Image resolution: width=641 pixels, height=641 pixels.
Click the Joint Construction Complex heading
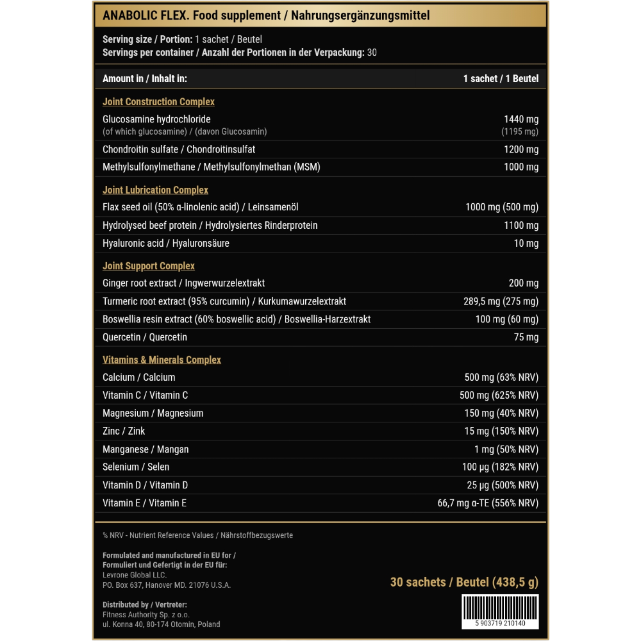tap(158, 102)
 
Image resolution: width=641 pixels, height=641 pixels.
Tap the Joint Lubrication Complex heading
tap(155, 190)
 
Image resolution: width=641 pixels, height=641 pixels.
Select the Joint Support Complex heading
tap(149, 266)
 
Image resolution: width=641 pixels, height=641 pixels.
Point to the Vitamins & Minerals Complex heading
tap(162, 360)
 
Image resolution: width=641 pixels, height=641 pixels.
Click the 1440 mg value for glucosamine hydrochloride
tap(521, 119)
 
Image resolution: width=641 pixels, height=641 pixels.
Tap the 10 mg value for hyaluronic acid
tap(526, 244)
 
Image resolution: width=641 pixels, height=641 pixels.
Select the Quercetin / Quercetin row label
tap(145, 337)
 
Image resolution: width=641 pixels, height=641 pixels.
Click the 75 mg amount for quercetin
tap(526, 337)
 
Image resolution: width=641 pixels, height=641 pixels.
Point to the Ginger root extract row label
tap(183, 283)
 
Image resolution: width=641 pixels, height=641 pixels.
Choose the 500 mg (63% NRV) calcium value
tap(501, 378)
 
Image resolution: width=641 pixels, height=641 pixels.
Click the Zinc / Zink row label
tap(124, 431)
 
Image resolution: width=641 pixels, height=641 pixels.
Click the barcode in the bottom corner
tap(500, 611)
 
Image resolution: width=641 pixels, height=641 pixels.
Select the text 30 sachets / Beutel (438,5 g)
tap(464, 582)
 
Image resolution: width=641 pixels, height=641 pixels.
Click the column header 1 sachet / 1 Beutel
tap(501, 79)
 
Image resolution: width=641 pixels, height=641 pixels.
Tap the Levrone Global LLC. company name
tap(126, 575)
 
